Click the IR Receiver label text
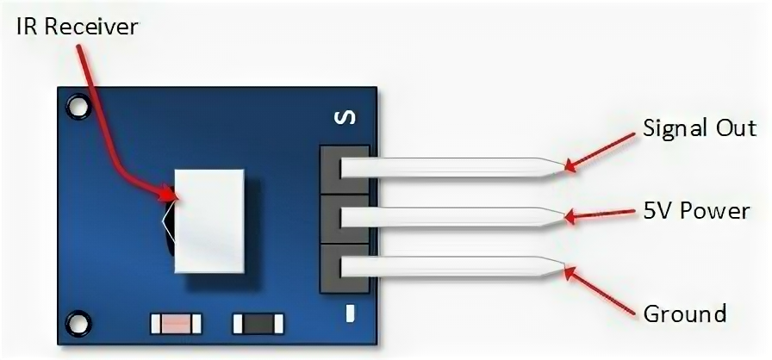pyautogui.click(x=77, y=27)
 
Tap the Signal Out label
pyautogui.click(x=700, y=129)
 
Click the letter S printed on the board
pyautogui.click(x=343, y=118)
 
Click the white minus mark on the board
pyautogui.click(x=351, y=313)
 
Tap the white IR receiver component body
pyautogui.click(x=209, y=220)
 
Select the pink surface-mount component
pyautogui.click(x=175, y=325)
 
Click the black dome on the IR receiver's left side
pyautogui.click(x=168, y=226)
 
